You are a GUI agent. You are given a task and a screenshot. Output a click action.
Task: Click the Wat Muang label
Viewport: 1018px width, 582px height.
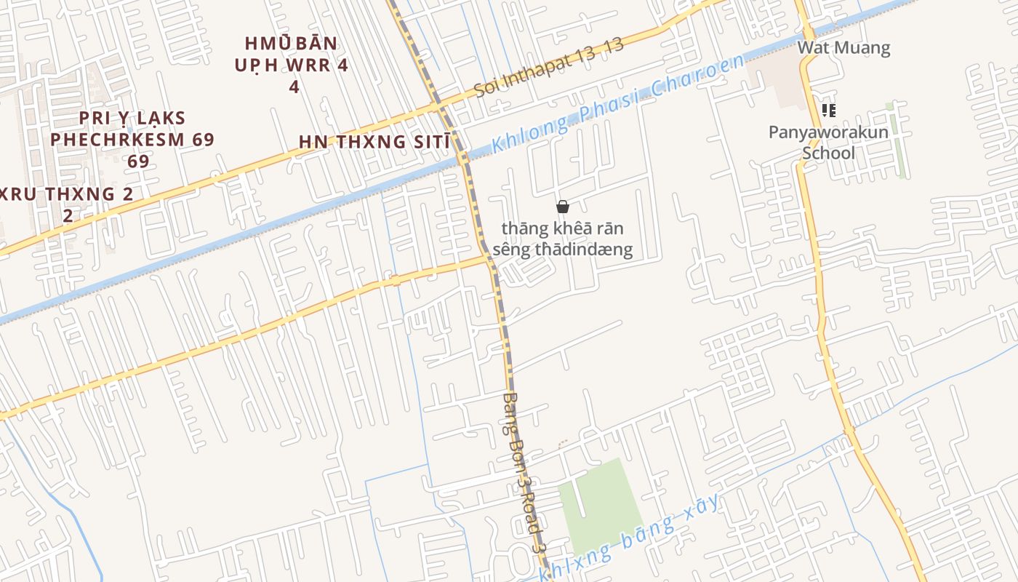843,48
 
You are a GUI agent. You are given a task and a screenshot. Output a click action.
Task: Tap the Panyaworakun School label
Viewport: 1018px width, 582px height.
828,143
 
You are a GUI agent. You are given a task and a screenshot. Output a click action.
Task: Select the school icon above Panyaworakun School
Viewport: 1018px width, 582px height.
828,111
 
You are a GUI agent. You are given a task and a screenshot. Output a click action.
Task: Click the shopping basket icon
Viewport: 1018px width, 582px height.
562,207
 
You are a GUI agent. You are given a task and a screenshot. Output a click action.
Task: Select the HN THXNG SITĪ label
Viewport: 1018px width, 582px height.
374,142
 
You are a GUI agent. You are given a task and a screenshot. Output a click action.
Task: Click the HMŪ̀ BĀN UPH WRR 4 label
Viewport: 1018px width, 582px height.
292,65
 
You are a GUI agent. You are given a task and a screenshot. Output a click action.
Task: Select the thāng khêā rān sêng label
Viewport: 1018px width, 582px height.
562,239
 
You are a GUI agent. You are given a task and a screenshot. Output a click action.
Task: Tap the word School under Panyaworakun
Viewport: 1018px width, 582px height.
828,154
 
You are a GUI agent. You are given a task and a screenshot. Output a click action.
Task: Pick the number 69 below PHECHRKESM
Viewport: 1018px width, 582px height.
138,161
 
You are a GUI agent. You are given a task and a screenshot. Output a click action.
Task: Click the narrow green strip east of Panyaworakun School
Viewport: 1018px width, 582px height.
899,142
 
